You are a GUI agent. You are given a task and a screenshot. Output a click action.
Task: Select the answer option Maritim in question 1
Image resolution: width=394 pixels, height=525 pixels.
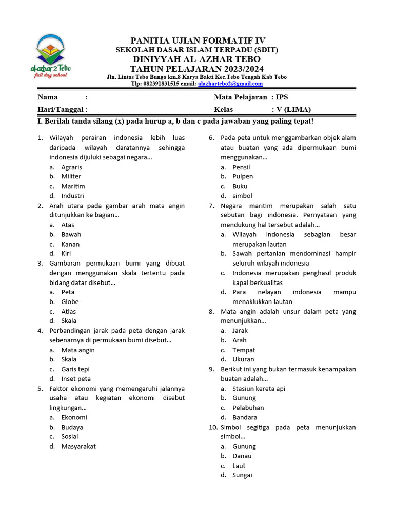(73, 186)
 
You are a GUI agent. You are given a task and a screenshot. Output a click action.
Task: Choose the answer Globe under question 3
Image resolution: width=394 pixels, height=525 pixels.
(70, 302)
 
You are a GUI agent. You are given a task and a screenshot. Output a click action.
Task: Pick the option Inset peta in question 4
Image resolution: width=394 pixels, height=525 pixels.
(76, 379)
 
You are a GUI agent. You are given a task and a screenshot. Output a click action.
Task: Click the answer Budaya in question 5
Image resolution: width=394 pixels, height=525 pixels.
(72, 427)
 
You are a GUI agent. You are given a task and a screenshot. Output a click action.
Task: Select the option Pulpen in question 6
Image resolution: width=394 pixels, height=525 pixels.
(243, 176)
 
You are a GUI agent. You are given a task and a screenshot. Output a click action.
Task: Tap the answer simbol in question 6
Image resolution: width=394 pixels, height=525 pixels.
(242, 196)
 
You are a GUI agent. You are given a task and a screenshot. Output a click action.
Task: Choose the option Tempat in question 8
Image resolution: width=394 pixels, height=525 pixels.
(244, 350)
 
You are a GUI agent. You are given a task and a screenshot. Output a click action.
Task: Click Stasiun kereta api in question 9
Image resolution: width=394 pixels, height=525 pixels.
(259, 389)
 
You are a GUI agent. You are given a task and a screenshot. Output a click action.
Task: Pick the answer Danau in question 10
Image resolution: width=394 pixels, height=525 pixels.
(242, 456)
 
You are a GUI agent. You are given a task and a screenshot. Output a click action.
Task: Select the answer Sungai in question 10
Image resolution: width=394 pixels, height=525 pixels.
(242, 475)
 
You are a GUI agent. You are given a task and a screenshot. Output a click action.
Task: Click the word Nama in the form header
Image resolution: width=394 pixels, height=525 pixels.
(48, 97)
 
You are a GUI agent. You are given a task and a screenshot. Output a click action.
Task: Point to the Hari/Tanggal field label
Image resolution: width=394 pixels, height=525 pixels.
(62, 109)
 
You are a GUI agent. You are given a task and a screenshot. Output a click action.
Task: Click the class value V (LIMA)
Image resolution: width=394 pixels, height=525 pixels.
(293, 109)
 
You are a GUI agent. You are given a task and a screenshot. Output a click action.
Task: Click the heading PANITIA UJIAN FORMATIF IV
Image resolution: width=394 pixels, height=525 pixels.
(198, 41)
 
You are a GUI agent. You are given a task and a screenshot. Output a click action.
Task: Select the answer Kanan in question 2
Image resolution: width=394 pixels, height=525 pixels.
(71, 244)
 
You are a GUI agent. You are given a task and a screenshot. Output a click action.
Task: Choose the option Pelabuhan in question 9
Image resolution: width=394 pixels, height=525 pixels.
(248, 408)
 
